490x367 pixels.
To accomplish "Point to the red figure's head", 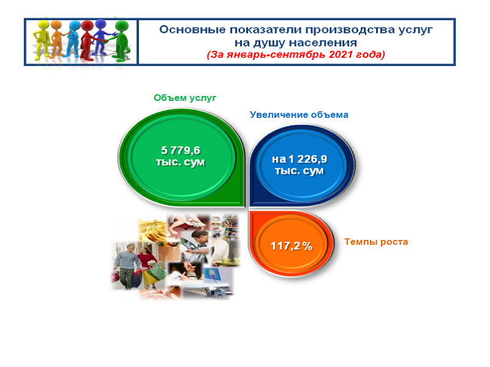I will (x=88, y=26).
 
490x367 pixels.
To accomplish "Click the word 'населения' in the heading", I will (x=327, y=42).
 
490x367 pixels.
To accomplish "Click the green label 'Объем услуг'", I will (x=185, y=98).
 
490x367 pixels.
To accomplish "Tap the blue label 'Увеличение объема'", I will (x=299, y=114).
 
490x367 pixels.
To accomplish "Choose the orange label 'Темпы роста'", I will (x=375, y=242).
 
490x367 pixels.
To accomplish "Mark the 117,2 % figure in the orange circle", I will (x=292, y=247).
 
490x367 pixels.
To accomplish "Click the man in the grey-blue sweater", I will (x=127, y=260).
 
